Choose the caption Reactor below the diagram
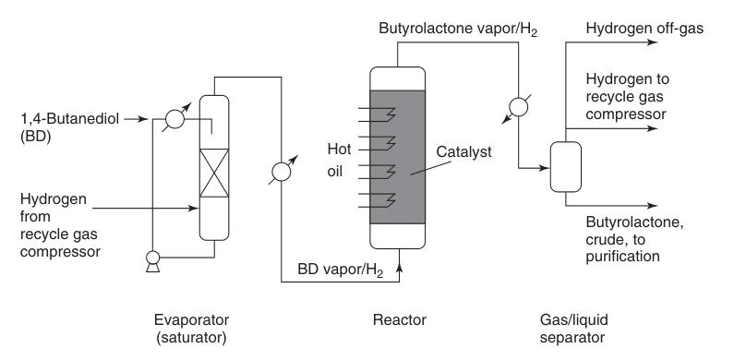click(399, 319)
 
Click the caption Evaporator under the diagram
click(191, 319)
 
